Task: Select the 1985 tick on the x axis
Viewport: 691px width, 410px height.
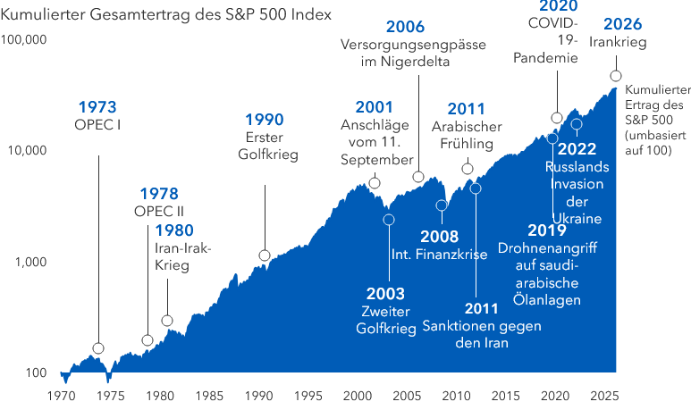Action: click(x=209, y=395)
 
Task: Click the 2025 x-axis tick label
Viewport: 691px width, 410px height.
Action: click(x=555, y=395)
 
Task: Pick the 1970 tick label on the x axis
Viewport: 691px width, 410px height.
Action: click(x=62, y=395)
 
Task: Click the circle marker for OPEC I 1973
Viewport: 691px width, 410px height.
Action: click(x=98, y=348)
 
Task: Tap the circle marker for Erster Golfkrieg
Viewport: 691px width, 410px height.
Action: click(x=265, y=255)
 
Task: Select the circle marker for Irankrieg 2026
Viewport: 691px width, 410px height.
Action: click(x=615, y=76)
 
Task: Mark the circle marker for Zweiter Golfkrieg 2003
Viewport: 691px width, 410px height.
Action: click(x=389, y=220)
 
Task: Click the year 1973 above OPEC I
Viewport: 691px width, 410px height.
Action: click(x=97, y=107)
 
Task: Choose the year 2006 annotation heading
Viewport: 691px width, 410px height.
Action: click(x=405, y=26)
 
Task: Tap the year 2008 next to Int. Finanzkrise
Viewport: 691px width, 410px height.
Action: click(x=441, y=237)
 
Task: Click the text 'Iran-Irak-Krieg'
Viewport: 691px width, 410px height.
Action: click(x=182, y=257)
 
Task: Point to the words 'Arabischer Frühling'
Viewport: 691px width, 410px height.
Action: click(x=466, y=135)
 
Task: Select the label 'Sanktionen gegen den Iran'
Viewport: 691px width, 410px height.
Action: click(x=481, y=334)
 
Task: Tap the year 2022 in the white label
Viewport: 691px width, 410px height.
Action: click(x=577, y=148)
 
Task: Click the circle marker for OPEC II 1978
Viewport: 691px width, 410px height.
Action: click(x=147, y=340)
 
